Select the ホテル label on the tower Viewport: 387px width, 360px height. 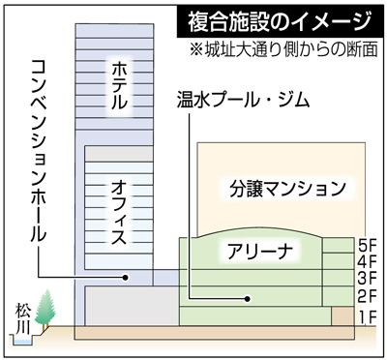click(x=118, y=86)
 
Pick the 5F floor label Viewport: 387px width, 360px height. click(x=366, y=246)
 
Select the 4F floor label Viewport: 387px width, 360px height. click(x=366, y=262)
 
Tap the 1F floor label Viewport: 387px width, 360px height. click(x=366, y=315)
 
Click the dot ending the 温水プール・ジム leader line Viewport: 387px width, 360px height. click(x=189, y=298)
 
